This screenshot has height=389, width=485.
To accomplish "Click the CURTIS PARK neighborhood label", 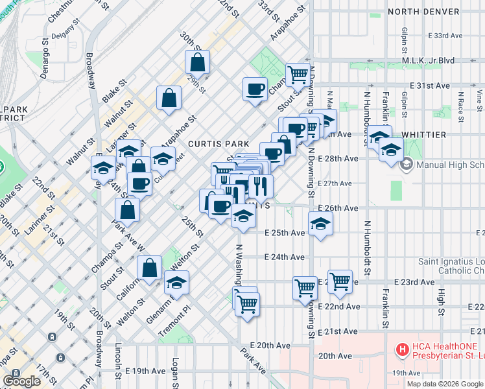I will pyautogui.click(x=215, y=143).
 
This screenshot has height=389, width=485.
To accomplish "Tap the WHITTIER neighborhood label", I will pyautogui.click(x=428, y=134).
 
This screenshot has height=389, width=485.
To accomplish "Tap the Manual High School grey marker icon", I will pyautogui.click(x=408, y=165).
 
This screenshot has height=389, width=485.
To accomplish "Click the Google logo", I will pyautogui.click(x=22, y=381).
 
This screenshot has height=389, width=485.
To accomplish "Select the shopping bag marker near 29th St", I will pyautogui.click(x=198, y=63).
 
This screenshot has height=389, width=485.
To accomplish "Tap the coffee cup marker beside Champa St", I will pyautogui.click(x=255, y=88).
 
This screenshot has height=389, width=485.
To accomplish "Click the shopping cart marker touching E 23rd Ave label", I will pyautogui.click(x=340, y=281).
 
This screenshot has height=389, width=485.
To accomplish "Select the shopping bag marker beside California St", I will pyautogui.click(x=149, y=268).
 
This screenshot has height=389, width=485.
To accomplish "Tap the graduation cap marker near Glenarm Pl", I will pyautogui.click(x=175, y=282).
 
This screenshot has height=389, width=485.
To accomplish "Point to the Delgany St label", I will pyautogui.click(x=67, y=27).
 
